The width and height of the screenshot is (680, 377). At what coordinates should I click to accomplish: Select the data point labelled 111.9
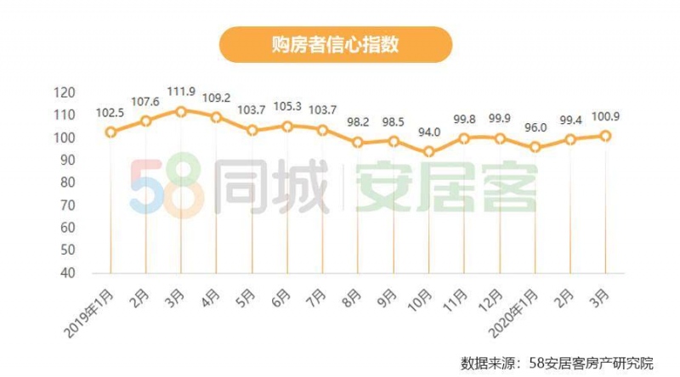pos(181,110)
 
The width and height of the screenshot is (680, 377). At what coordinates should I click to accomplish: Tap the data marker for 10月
pos(429,152)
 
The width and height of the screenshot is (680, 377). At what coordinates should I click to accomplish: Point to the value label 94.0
pos(429,132)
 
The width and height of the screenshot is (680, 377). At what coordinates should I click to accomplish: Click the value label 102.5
pos(110,114)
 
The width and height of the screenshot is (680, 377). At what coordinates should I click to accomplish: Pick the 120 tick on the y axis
pos(88,93)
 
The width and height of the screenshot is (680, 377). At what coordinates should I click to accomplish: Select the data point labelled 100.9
pos(606,135)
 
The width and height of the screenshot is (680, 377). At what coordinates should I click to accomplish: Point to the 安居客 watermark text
pos(446,187)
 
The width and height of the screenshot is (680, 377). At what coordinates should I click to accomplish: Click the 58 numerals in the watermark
pos(167,188)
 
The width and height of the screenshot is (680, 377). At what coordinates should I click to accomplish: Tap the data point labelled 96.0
pos(535,147)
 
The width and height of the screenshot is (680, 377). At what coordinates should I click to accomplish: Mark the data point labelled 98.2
pos(358,142)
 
